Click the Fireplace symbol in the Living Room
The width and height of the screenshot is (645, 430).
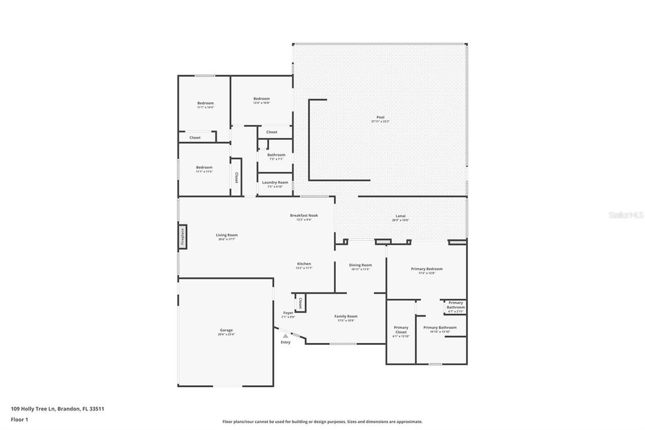183,235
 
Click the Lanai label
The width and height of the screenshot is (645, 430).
401,218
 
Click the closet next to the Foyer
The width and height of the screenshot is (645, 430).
300,303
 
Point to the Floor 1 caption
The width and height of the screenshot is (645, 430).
20,419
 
